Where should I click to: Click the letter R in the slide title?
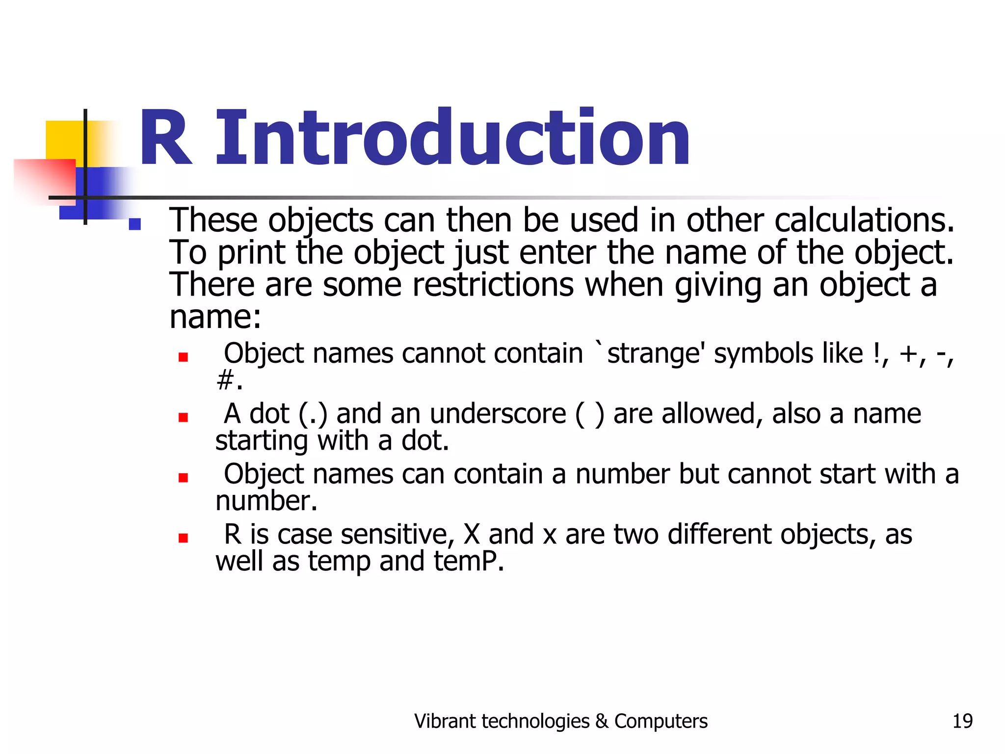pyautogui.click(x=165, y=138)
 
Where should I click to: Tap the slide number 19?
pyautogui.click(x=962, y=721)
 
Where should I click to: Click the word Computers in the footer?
pyautogui.click(x=661, y=721)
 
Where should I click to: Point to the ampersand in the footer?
pyautogui.click(x=602, y=722)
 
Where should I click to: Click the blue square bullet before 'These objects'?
pyautogui.click(x=134, y=224)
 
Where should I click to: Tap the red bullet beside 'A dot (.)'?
pyautogui.click(x=184, y=417)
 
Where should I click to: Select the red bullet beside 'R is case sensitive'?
pyautogui.click(x=184, y=538)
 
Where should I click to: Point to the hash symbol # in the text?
pyautogui.click(x=225, y=380)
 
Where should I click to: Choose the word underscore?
pyautogui.click(x=498, y=414)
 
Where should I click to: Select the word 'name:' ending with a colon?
pyautogui.click(x=215, y=317)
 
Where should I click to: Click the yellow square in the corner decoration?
pyautogui.click(x=64, y=140)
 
